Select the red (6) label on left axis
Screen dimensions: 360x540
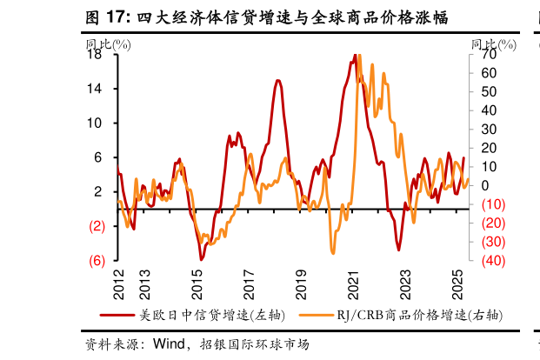(97, 260)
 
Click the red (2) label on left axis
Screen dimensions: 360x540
(97, 226)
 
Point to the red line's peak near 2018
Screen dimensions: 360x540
(277, 81)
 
